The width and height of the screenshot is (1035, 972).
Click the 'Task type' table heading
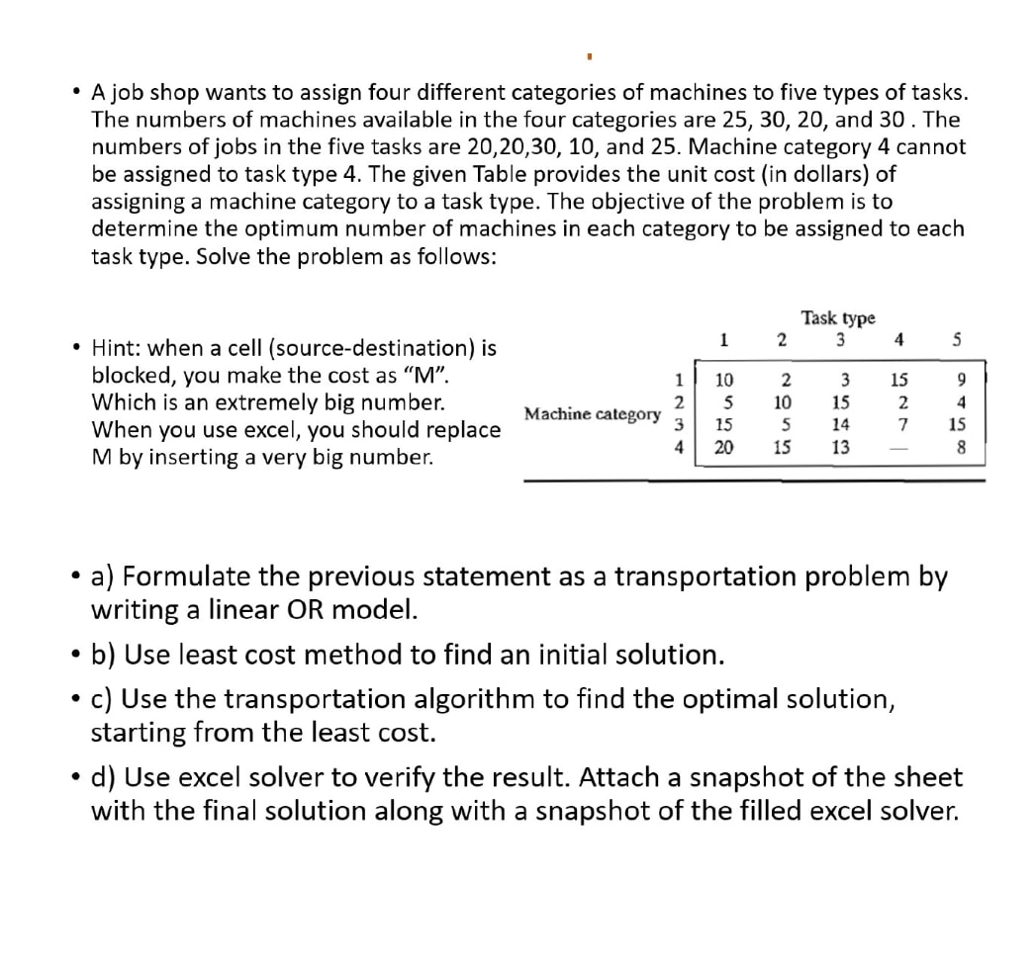838,318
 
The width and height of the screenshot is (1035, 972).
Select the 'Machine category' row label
592,413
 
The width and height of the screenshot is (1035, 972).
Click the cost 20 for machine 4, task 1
724,448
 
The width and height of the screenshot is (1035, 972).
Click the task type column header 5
956,342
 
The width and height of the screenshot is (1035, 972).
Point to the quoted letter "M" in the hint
426,376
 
